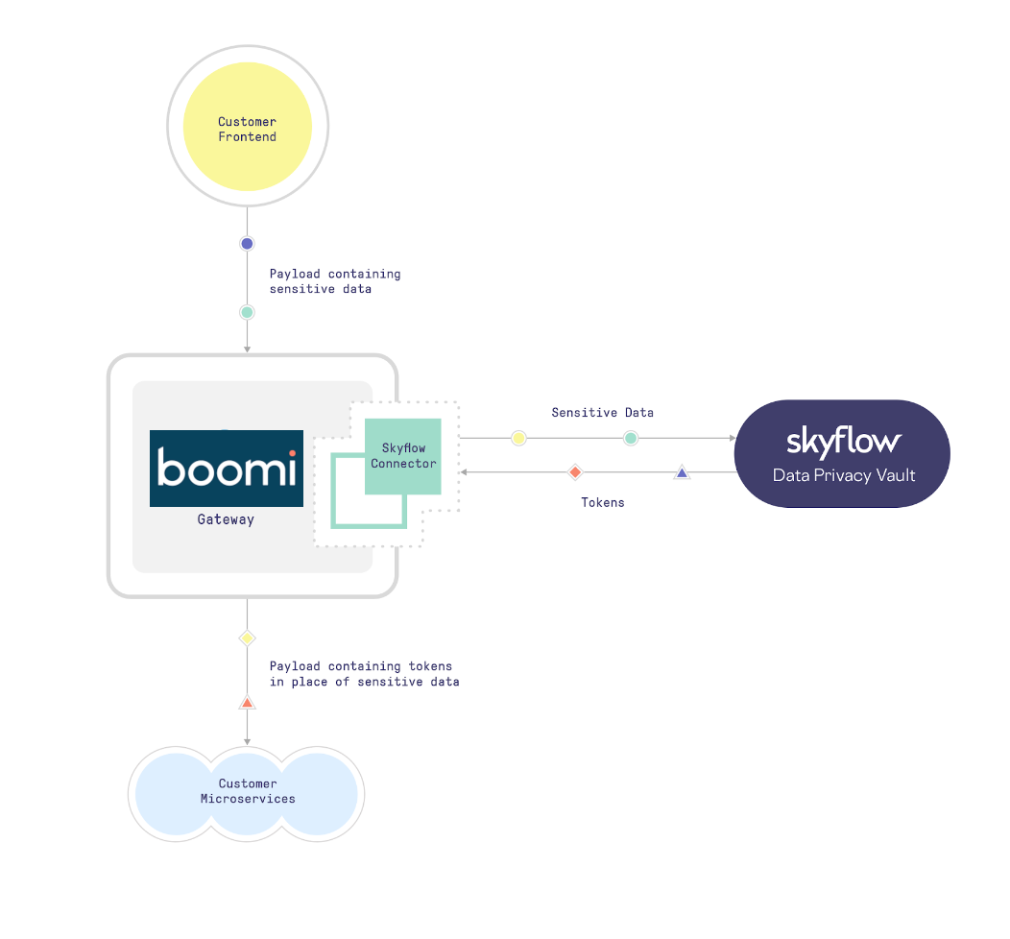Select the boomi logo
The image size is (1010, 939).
227,469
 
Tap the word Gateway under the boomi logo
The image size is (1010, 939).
226,519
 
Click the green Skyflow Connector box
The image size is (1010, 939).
403,456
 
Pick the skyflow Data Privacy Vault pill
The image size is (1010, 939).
842,453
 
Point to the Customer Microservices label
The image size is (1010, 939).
248,791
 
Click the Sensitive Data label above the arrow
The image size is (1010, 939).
602,412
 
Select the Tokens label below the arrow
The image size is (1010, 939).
602,502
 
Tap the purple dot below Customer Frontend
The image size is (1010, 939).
247,244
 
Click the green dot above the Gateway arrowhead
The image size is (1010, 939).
247,312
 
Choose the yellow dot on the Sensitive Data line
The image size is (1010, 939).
518,438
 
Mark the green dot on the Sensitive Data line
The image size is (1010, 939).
631,438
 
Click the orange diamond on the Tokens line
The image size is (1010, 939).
575,472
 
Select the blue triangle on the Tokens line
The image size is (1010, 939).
682,472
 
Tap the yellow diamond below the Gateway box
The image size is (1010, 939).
247,638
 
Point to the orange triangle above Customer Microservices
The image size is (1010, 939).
247,704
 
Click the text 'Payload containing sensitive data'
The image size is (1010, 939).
334,281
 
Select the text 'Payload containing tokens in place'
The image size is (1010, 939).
364,673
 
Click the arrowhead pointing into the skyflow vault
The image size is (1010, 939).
731,438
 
